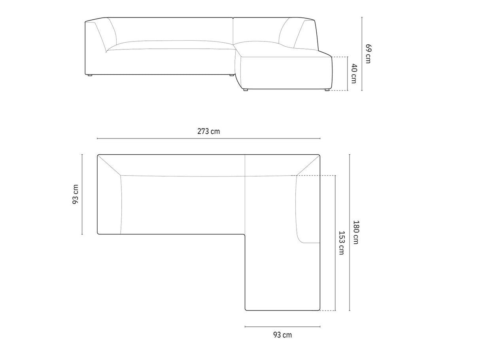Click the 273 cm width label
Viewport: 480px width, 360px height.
208,131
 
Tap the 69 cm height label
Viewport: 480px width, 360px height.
369,54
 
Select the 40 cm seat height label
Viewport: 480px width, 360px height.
353,74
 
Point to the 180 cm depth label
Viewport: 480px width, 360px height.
356,232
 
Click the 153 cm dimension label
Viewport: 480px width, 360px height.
341,243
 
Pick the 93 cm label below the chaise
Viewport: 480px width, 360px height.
282,335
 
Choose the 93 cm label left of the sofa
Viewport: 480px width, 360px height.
75,194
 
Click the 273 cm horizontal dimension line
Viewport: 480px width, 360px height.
209,138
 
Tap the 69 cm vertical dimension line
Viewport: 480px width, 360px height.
362,54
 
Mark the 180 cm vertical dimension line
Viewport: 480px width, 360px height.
350,233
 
